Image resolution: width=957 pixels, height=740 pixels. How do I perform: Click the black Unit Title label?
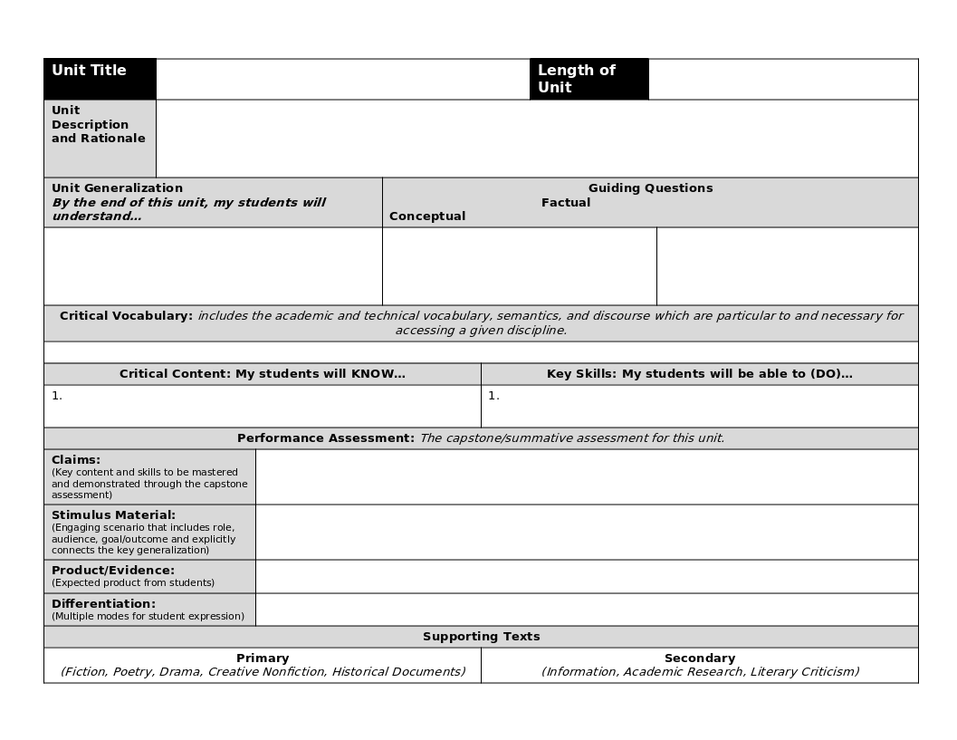point(89,71)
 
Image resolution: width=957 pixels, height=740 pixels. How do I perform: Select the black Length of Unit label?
point(577,79)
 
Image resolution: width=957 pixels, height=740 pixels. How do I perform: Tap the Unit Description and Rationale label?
point(98,124)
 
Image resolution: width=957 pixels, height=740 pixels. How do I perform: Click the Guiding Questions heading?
point(650,188)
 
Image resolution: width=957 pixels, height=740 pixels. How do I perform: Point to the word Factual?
point(566,203)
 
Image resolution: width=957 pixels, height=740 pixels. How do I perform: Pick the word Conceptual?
point(427,216)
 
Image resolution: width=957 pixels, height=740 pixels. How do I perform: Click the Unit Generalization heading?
point(117,188)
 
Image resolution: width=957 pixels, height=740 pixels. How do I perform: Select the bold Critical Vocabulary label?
point(126,316)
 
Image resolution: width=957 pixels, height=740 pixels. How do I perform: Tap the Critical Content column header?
point(263,374)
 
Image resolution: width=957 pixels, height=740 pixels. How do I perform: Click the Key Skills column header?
point(699,374)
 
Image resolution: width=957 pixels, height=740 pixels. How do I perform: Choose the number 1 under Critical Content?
point(56,396)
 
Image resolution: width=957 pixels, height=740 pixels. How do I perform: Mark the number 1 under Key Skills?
point(493,396)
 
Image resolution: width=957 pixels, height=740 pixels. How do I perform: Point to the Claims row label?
point(76,460)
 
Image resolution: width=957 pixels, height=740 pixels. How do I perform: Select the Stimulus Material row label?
point(113,515)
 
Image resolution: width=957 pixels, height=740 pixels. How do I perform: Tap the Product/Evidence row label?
point(112,571)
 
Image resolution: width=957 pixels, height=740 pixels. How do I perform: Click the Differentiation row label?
point(103,604)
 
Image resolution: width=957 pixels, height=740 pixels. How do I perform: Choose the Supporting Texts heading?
point(481,637)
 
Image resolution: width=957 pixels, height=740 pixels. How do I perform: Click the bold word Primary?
point(263,658)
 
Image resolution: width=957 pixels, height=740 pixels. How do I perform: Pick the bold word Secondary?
point(699,658)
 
